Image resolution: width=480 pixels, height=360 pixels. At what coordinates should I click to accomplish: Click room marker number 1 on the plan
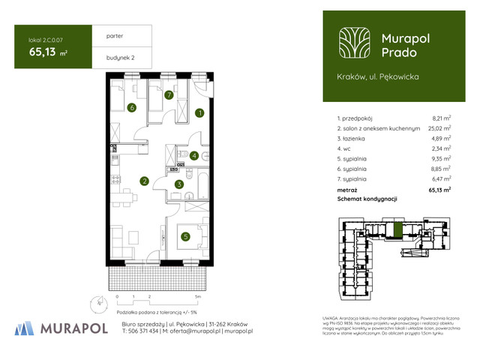199,113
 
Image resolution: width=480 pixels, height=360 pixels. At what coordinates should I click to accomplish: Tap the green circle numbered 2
144,180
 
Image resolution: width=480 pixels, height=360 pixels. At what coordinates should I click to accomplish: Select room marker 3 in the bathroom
178,184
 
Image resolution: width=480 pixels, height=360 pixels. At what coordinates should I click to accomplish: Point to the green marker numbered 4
194,156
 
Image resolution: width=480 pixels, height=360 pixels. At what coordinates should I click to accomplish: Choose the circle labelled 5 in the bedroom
184,237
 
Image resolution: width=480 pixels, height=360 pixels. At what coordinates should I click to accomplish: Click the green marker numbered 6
132,108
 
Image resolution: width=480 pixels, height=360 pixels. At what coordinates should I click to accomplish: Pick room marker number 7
169,94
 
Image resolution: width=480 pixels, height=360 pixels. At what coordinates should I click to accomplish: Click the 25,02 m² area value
439,128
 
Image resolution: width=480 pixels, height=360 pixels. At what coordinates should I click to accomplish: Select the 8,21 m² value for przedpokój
441,118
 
